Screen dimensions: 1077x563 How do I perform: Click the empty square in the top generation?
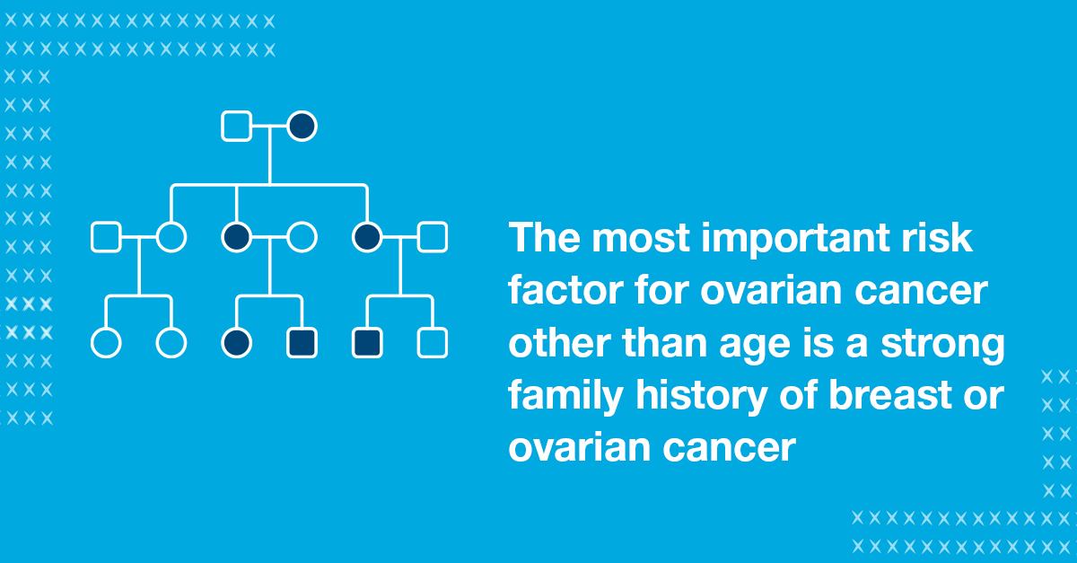click(x=236, y=126)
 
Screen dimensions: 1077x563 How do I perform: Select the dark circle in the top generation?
click(x=302, y=126)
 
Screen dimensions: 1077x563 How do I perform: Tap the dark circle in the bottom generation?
click(x=236, y=343)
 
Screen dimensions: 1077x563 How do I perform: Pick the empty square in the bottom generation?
click(x=433, y=343)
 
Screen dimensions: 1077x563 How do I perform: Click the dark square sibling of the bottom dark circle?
click(x=302, y=343)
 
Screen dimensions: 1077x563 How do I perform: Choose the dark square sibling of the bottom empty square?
click(x=367, y=343)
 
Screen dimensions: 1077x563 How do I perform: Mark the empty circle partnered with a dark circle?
click(x=302, y=237)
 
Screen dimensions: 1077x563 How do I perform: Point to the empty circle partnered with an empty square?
click(x=171, y=237)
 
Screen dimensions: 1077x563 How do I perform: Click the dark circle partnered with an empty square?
click(x=367, y=237)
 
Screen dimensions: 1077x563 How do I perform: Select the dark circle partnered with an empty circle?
click(x=236, y=237)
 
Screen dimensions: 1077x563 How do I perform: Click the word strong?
click(x=943, y=346)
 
